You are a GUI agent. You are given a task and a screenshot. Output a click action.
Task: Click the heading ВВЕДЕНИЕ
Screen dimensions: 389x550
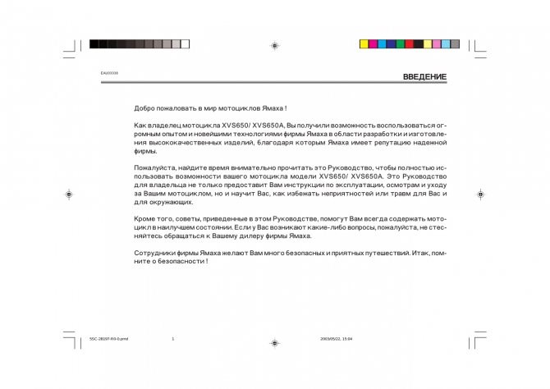(x=424, y=77)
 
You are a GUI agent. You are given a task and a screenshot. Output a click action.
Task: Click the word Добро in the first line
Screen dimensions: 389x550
(x=145, y=108)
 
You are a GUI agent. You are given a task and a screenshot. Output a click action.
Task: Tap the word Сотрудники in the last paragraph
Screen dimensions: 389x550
(x=157, y=254)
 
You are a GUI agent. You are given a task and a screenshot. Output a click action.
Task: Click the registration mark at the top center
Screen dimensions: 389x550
(x=274, y=45)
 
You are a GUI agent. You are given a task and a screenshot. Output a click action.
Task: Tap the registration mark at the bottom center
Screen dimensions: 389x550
(x=274, y=344)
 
